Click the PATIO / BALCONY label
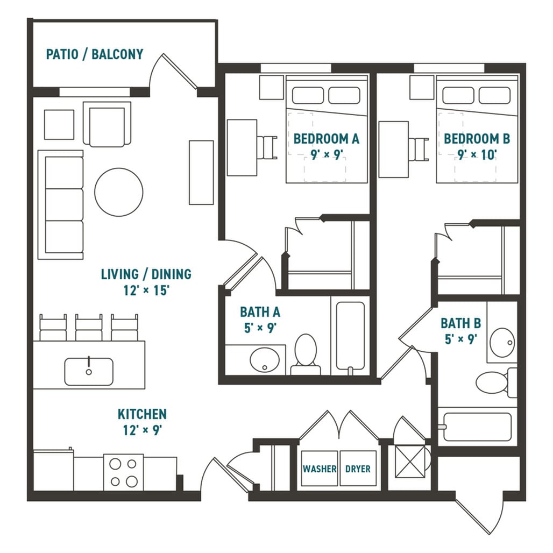(x=95, y=54)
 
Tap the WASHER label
(x=319, y=469)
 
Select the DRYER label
(x=358, y=469)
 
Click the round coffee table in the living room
(x=119, y=192)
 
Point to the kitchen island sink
(x=89, y=372)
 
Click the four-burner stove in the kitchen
(x=124, y=472)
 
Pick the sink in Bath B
(x=502, y=342)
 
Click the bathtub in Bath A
(x=350, y=337)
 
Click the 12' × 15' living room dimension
(x=146, y=291)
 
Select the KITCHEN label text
(x=142, y=414)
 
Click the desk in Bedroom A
(x=242, y=147)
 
